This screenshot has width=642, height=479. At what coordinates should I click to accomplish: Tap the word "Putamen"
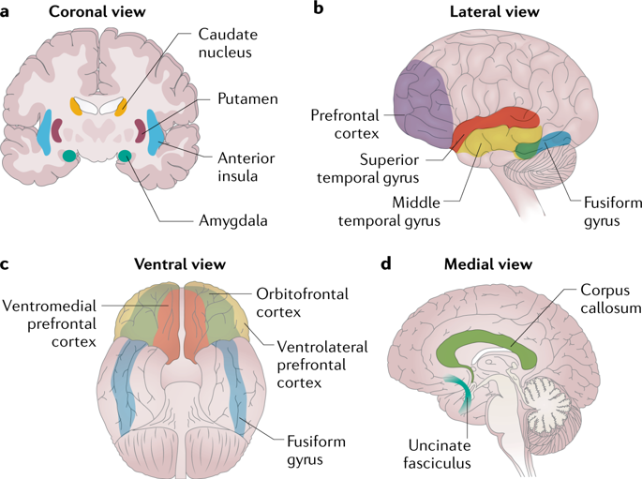[x=248, y=98]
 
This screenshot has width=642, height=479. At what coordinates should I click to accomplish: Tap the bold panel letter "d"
[x=386, y=265]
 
